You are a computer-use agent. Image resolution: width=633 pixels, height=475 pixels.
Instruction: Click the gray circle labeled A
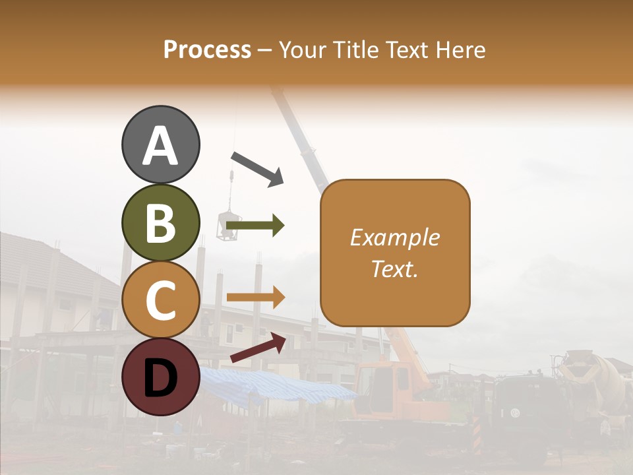pyautogui.click(x=160, y=144)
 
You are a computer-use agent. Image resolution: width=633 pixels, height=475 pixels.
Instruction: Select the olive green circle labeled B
pyautogui.click(x=160, y=222)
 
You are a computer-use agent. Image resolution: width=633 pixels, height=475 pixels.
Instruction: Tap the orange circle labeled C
pyautogui.click(x=160, y=300)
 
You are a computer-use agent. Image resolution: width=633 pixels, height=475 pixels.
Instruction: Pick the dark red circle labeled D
pyautogui.click(x=160, y=377)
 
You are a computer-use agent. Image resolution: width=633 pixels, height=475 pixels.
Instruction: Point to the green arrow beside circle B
pyautogui.click(x=255, y=226)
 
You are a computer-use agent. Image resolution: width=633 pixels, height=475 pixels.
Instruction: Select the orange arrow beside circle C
pyautogui.click(x=255, y=297)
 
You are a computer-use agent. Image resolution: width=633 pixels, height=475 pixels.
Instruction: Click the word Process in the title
pyautogui.click(x=207, y=49)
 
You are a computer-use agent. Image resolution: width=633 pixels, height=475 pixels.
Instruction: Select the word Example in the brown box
pyautogui.click(x=394, y=237)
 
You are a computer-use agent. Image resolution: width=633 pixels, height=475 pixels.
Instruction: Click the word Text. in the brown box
pyautogui.click(x=394, y=269)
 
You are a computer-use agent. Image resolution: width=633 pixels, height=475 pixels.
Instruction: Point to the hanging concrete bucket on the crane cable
pyautogui.click(x=230, y=224)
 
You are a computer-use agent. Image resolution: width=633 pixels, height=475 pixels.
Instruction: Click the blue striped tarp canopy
pyautogui.click(x=277, y=386)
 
